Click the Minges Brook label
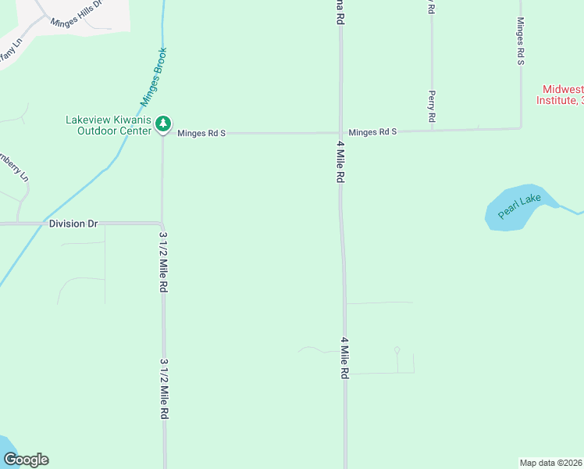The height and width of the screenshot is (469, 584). [154, 77]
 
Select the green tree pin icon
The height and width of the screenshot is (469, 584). [162, 124]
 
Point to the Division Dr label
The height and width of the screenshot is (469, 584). [73, 224]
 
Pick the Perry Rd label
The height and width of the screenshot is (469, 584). [431, 106]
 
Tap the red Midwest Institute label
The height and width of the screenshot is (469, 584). [560, 95]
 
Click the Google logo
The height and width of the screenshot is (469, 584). [26, 460]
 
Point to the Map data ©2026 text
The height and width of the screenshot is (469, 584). [551, 463]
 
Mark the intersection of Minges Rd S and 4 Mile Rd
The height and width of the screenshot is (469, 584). [340, 132]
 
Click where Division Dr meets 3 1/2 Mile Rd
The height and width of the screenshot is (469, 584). [162, 224]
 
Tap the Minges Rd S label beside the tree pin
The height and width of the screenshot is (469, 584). [201, 134]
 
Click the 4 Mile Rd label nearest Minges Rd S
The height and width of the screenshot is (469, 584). [340, 162]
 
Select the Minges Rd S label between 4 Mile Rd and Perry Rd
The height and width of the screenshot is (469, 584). [373, 132]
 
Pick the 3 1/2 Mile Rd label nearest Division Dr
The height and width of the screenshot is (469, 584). [163, 262]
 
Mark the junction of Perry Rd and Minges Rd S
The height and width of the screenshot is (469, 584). [432, 131]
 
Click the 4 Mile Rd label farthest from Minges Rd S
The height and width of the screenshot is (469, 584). [344, 358]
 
